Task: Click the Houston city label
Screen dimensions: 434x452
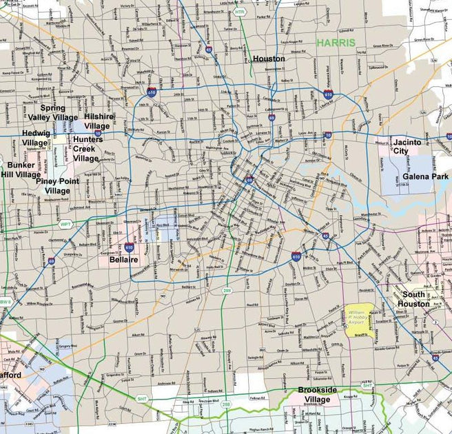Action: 268,59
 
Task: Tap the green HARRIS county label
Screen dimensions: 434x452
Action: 336,43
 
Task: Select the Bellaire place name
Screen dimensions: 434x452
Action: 124,259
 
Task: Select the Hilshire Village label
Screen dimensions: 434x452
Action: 97,122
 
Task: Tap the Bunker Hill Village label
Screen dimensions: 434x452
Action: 20,170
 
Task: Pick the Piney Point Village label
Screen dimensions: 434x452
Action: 57,185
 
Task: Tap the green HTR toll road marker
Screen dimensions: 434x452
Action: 239,12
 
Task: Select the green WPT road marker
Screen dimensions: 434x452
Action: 65,225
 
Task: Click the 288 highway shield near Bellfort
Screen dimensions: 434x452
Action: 227,292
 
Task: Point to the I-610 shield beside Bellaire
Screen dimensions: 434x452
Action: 130,246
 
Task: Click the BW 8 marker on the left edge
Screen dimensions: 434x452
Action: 6,302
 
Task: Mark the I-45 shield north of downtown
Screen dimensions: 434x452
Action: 209,50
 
